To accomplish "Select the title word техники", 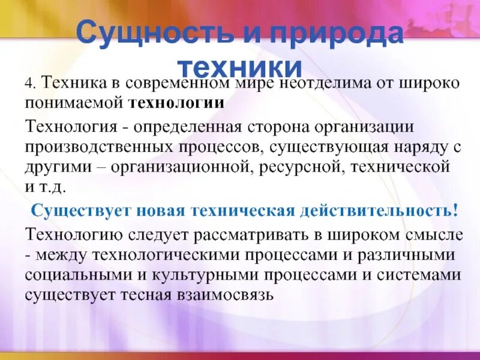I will pos(240,64).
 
